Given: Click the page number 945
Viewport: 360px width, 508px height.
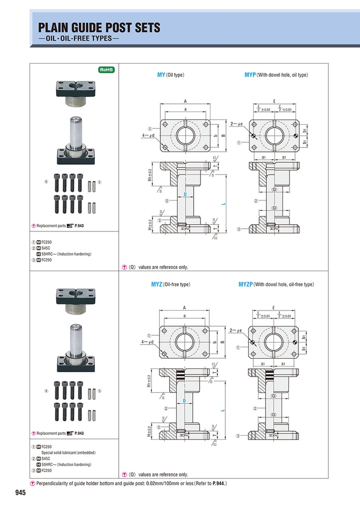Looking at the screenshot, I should click(20, 493).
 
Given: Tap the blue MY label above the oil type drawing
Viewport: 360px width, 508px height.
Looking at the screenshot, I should click(161, 75).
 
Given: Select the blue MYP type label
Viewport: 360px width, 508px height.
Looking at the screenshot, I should click(250, 75).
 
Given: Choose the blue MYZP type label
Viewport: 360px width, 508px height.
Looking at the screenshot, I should click(245, 285).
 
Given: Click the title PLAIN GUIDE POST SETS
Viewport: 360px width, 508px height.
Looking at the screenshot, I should click(99, 28).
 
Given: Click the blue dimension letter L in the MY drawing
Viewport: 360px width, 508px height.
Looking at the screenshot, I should click(223, 203).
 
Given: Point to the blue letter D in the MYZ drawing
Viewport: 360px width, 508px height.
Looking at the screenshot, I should click(184, 400).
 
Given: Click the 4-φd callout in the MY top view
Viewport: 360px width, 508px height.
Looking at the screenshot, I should click(148, 134).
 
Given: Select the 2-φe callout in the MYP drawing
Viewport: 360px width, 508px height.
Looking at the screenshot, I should click(236, 123).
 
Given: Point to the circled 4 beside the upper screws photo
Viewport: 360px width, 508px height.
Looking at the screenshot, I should click(46, 182).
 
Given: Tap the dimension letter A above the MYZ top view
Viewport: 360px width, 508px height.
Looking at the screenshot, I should click(184, 308).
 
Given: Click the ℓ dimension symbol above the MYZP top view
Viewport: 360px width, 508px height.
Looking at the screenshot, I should click(274, 308).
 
